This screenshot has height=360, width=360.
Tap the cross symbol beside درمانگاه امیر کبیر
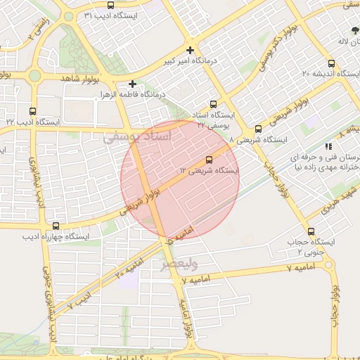(x=190, y=50)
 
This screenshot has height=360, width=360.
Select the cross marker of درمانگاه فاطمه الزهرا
(x=132, y=83)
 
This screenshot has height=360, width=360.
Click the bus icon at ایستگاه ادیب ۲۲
(x=33, y=111)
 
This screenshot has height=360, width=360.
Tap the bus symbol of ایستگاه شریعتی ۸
(x=258, y=129)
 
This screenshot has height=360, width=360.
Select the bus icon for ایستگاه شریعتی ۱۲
(x=208, y=160)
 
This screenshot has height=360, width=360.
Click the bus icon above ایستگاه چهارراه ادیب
(x=56, y=226)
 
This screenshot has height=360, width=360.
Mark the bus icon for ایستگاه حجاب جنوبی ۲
(x=310, y=231)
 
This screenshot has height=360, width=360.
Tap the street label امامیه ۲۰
(x=128, y=261)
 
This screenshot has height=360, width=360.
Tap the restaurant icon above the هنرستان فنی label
(x=328, y=146)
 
